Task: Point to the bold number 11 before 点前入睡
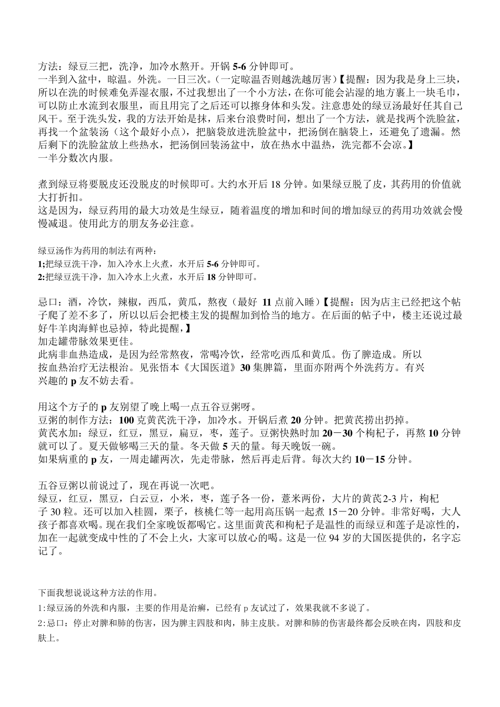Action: (267, 302)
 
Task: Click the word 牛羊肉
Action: (66, 328)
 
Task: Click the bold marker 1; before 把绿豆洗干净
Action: (42, 264)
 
